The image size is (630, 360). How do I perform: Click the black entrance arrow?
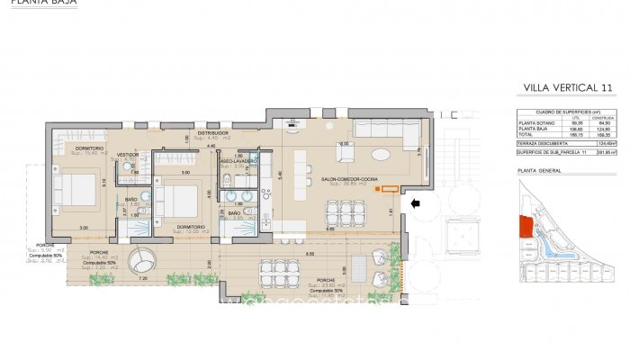click(414, 204)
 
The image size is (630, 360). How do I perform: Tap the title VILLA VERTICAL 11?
click(568, 87)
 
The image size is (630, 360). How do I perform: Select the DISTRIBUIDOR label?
click(213, 133)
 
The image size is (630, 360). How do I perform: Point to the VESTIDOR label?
click(128, 155)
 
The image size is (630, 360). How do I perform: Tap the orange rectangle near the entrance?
click(389, 188)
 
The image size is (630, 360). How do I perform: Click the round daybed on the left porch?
click(141, 263)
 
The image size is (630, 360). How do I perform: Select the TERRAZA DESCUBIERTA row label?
click(541, 142)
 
